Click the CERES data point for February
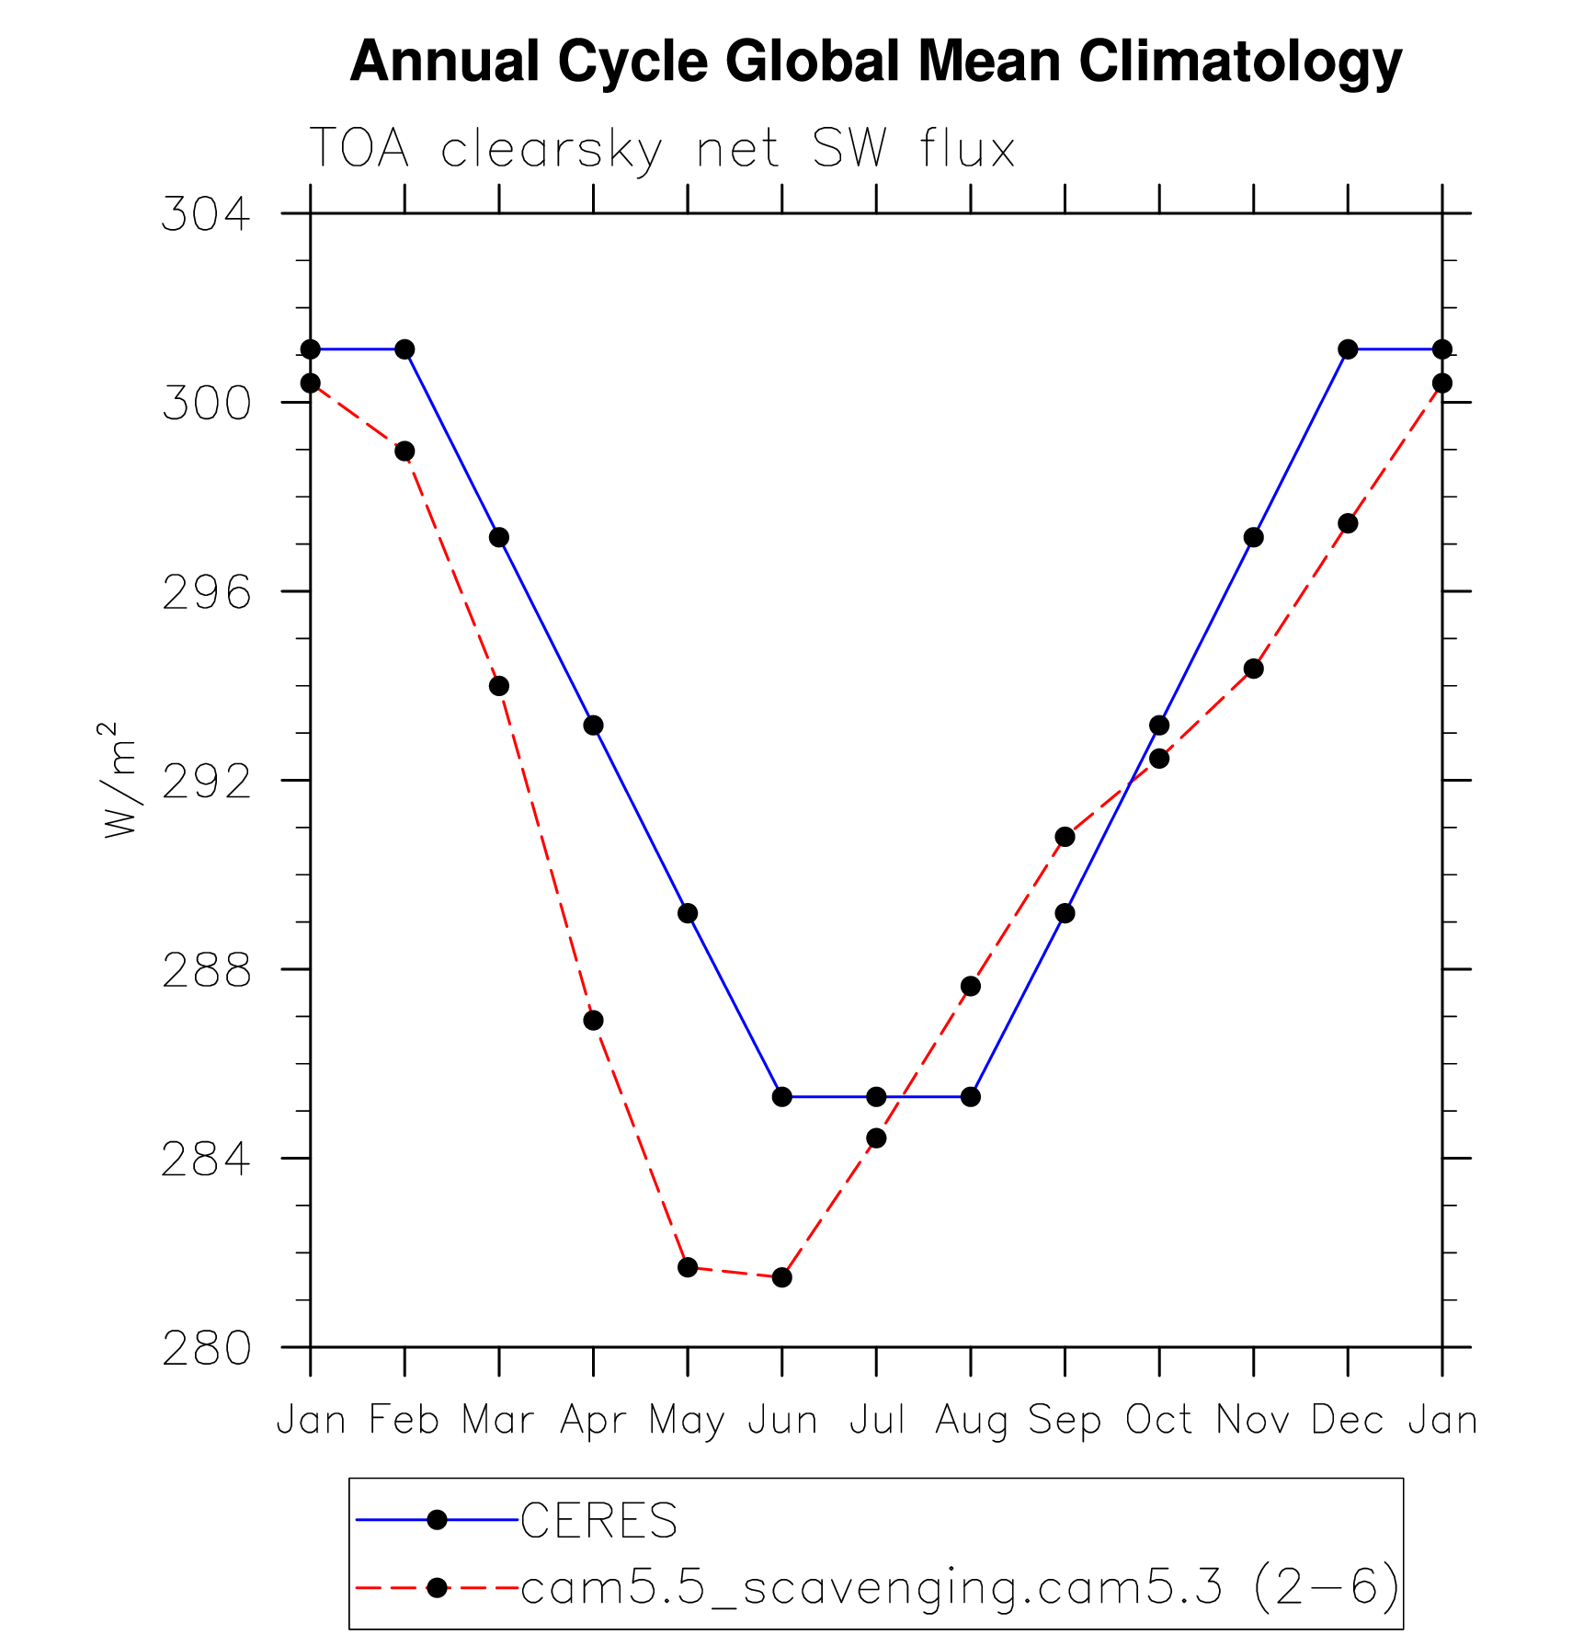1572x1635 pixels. pos(404,349)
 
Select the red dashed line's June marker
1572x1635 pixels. pos(781,1277)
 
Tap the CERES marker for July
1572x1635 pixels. pos(876,1097)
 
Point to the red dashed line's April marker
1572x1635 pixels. pos(593,1021)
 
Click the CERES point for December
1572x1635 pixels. pos(1348,349)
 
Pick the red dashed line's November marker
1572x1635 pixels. pos(1253,669)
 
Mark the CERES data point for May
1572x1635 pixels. pos(688,913)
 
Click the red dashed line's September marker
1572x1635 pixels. pos(1065,837)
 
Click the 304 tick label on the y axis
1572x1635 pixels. pos(206,214)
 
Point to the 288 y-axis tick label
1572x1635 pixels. pos(206,970)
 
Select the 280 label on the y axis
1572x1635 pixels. pos(206,1349)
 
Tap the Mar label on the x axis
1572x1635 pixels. pos(498,1421)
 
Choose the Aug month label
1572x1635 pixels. pos(971,1421)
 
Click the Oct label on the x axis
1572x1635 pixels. pos(1159,1421)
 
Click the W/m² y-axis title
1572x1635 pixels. pos(120,780)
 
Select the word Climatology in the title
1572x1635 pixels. pos(1240,63)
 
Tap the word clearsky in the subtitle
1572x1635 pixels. pos(552,149)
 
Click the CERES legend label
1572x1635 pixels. pos(598,1521)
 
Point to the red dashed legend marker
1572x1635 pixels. pos(438,1587)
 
